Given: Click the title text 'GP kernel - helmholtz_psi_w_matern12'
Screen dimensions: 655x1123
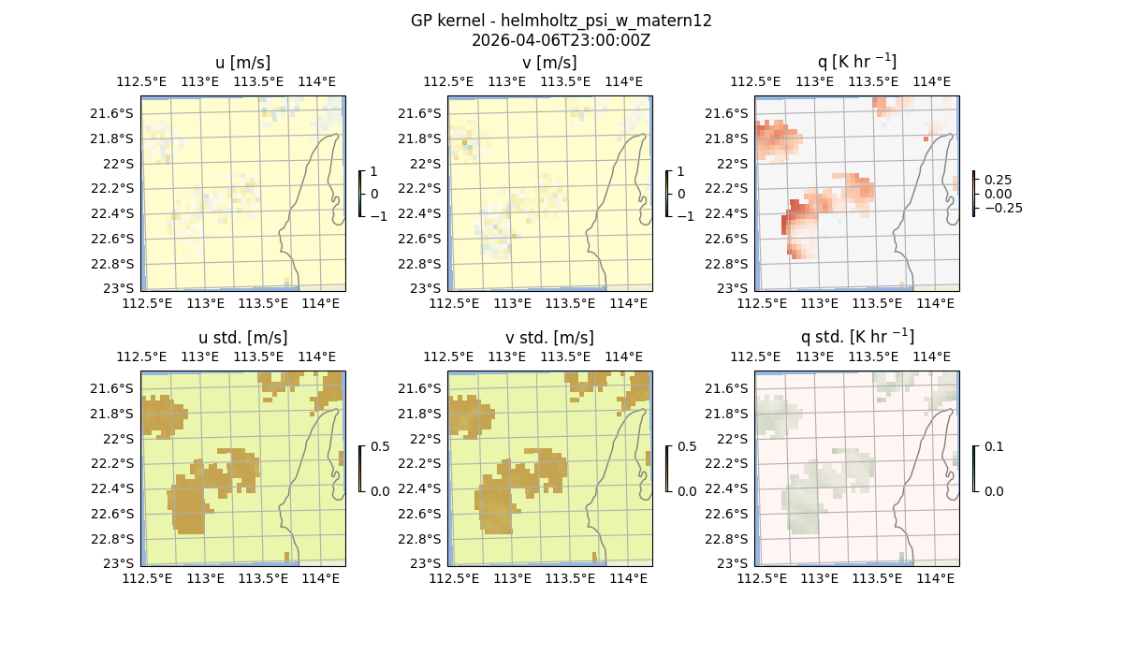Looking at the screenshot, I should pyautogui.click(x=561, y=21).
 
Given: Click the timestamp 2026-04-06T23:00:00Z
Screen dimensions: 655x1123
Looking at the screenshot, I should pyautogui.click(x=561, y=40).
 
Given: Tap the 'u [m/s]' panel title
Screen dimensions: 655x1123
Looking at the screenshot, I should pyautogui.click(x=243, y=63).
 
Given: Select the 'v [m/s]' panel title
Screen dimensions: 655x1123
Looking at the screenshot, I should pyautogui.click(x=550, y=63).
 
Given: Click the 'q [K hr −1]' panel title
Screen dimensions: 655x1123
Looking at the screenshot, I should pyautogui.click(x=856, y=62).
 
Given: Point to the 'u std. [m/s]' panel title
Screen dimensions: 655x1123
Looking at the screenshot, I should pyautogui.click(x=243, y=338).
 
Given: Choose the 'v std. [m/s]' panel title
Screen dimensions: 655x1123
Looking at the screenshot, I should pyautogui.click(x=550, y=338).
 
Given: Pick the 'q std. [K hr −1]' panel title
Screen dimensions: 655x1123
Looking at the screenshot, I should pyautogui.click(x=856, y=337).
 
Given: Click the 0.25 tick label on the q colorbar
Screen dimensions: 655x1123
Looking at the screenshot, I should pyautogui.click(x=998, y=180).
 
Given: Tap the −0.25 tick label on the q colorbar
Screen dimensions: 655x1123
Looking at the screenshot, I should pyautogui.click(x=1002, y=208).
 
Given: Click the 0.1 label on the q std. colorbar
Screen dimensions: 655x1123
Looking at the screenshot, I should pyautogui.click(x=992, y=446).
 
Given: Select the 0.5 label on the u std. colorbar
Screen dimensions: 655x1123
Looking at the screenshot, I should pyautogui.click(x=380, y=446).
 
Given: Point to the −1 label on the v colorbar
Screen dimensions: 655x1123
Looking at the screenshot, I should pyautogui.click(x=686, y=216).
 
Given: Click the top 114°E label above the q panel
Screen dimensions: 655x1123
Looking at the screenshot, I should pyautogui.click(x=931, y=81).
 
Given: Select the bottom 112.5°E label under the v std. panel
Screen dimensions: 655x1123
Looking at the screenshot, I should pyautogui.click(x=454, y=579).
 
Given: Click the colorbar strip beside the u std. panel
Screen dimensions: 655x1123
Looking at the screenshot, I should pyautogui.click(x=360, y=469).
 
